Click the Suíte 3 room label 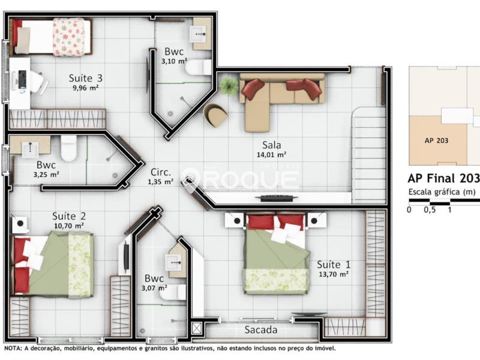pos(85,78)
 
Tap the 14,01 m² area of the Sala pos(271,155)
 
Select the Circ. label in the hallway pos(161,172)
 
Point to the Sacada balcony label pos(261,329)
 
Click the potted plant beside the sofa pos(229,85)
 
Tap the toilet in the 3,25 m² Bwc pos(68,148)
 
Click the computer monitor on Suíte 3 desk pos(22,80)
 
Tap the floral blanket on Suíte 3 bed pos(69,37)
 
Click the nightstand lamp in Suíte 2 pos(20,223)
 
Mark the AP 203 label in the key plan pos(436,140)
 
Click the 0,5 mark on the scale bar pos(430,210)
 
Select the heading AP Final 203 pos(443,178)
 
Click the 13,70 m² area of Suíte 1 pos(334,274)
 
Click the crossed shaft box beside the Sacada pos(197,328)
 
